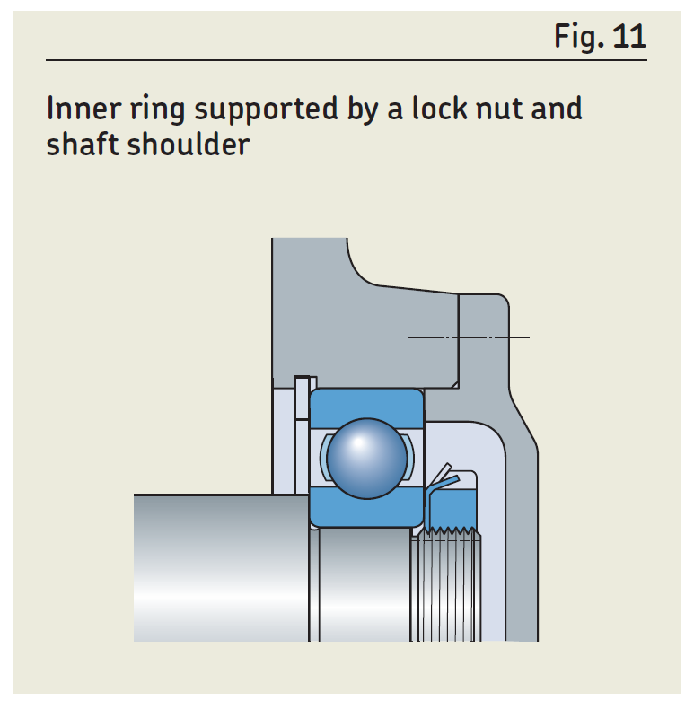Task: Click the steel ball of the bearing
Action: [x=366, y=458]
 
